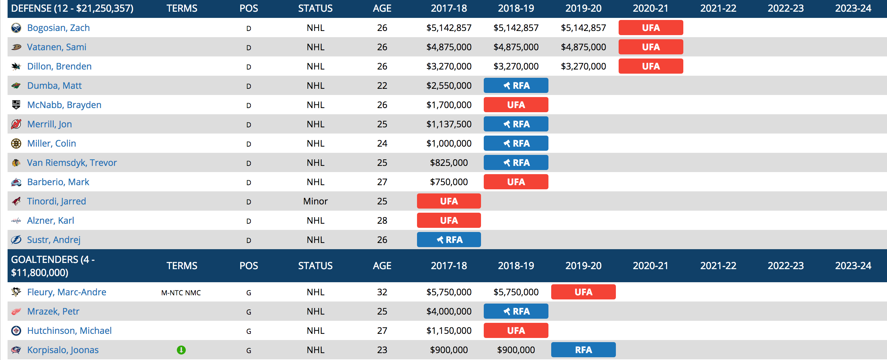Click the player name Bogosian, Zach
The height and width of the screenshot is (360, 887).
click(58, 28)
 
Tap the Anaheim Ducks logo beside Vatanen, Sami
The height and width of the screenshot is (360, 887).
click(16, 47)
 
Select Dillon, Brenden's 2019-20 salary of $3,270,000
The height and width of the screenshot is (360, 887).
click(583, 66)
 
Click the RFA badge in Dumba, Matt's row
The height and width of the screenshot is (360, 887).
click(516, 86)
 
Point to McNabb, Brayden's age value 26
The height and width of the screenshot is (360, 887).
click(382, 105)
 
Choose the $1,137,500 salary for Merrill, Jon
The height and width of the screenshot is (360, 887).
click(449, 124)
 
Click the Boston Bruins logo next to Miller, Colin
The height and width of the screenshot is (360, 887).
click(16, 144)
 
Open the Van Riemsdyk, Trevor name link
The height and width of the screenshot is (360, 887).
click(72, 163)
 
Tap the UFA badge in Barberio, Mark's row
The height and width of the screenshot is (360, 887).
click(516, 182)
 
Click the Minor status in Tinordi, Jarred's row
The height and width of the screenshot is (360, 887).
click(315, 201)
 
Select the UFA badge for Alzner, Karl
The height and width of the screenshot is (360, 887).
click(449, 221)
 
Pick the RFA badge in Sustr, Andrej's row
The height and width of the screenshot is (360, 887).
click(449, 240)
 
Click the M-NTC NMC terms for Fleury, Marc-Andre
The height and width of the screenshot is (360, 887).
click(181, 293)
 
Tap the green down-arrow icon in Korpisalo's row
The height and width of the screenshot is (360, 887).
click(181, 350)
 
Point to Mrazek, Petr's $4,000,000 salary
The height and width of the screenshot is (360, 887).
click(449, 311)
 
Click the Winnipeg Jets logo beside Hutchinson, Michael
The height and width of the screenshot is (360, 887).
click(16, 331)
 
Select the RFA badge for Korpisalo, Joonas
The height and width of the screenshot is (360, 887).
click(583, 350)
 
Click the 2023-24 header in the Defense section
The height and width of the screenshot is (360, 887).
click(853, 9)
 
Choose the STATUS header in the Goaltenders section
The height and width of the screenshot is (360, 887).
click(315, 266)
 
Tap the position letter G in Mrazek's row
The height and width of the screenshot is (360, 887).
click(249, 312)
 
